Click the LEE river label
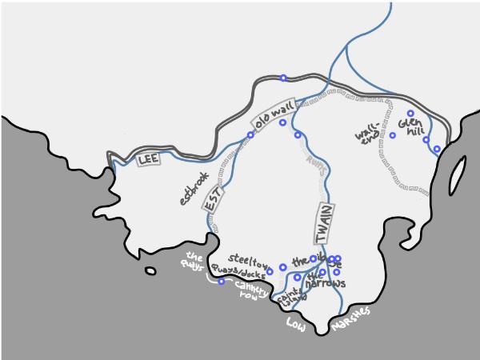149,160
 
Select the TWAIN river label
322,224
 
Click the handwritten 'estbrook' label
194,188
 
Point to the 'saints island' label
290,298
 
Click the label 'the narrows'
326,280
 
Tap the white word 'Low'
297,322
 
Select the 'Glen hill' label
410,128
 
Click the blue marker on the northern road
283,78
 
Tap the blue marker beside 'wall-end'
392,135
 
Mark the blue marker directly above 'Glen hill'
410,113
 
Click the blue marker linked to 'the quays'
222,282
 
